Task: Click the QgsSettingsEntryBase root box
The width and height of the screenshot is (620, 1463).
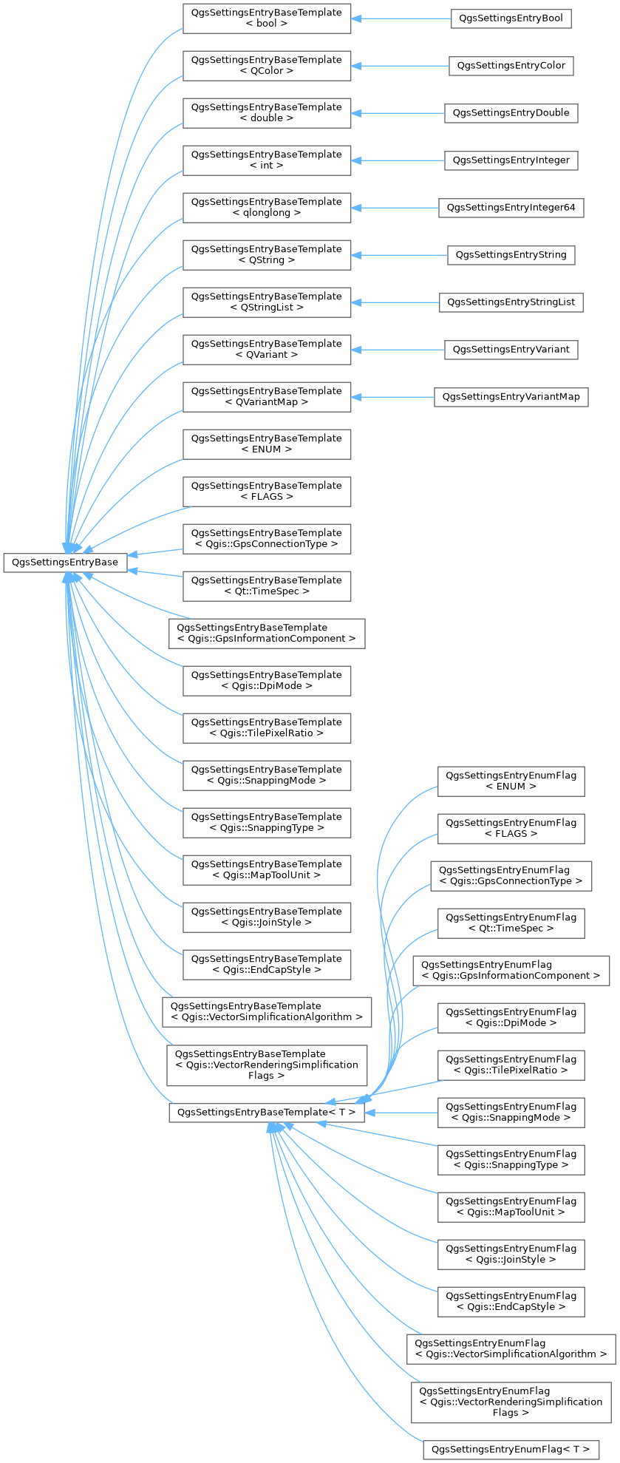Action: pos(66,563)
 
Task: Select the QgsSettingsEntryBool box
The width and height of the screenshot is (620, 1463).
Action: pos(511,18)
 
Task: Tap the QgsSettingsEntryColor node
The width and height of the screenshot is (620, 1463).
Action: pos(511,66)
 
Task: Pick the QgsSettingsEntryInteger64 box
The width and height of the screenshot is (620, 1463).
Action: pos(511,208)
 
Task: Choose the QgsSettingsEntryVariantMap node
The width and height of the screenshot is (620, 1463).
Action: pos(511,397)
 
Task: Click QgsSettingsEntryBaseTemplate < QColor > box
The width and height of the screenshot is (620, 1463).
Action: pos(267,66)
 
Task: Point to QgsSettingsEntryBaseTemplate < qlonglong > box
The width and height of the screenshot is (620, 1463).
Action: pos(267,208)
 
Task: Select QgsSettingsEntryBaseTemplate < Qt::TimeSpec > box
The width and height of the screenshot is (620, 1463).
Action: pos(267,586)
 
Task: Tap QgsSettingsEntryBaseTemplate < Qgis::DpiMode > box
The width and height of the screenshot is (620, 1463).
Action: pos(267,681)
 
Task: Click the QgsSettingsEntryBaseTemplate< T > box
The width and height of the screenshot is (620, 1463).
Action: pos(267,1113)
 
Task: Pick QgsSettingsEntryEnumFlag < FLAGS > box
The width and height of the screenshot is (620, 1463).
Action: pos(511,829)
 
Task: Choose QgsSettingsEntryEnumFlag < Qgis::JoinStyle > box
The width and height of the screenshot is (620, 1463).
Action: pos(511,1255)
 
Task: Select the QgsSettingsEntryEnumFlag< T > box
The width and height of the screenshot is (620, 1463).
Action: pos(511,1450)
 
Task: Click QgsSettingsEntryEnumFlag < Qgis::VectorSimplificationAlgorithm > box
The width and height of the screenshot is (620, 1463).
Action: pos(511,1349)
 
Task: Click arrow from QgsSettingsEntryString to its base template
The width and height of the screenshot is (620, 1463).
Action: pos(399,255)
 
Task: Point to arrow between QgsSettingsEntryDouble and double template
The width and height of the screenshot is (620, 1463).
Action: pos(398,113)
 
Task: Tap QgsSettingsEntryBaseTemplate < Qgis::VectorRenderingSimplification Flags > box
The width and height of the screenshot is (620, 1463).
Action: pos(267,1065)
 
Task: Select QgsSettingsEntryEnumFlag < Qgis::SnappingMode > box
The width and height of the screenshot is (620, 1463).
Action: pos(511,1113)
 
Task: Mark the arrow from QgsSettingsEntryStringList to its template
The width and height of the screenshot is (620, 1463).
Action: pos(395,302)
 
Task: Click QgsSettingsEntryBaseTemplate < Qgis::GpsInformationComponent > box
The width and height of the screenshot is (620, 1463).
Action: pos(267,634)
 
